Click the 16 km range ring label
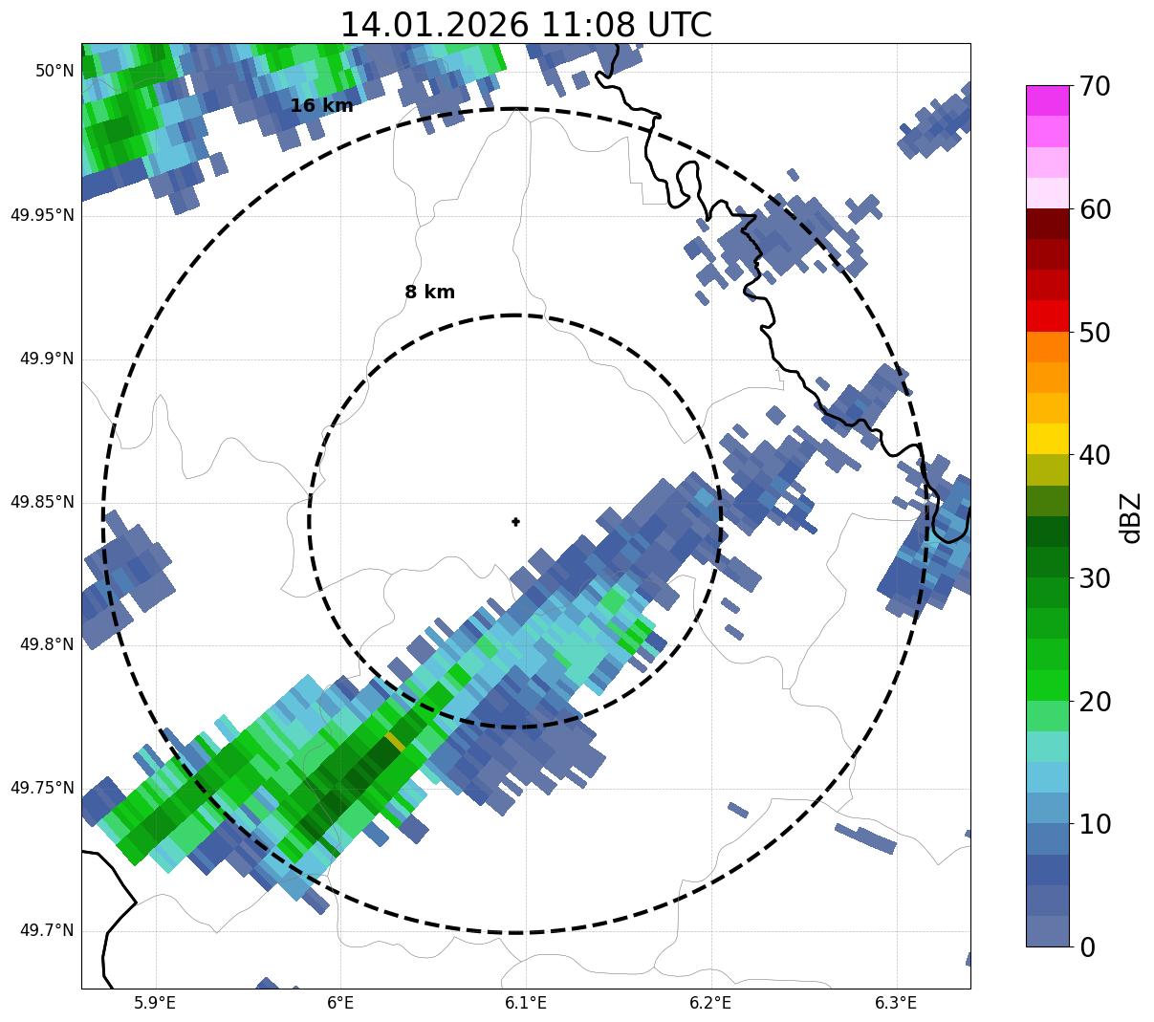321,106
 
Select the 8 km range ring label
429,293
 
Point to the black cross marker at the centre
516,522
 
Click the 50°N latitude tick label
54,71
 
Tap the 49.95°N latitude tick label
42,215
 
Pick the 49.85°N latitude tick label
42,502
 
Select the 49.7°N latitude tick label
47,931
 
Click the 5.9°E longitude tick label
155,1003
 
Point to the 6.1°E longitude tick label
526,1003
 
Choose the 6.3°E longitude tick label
896,1003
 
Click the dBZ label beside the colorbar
1131,517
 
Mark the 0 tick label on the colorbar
1087,947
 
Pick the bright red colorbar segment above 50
1047,315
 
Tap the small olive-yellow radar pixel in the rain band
395,742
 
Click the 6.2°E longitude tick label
710,1003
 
